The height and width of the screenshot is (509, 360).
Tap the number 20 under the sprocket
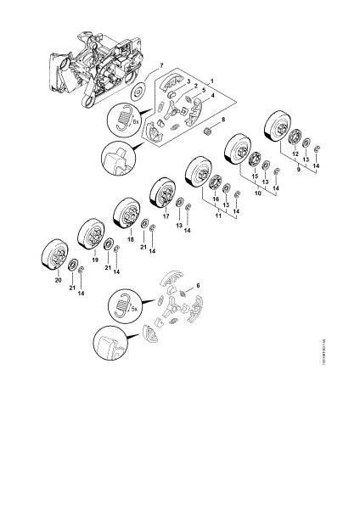(58, 280)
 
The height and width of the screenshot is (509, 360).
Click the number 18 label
(130, 241)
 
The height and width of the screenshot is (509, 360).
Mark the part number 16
(215, 199)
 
